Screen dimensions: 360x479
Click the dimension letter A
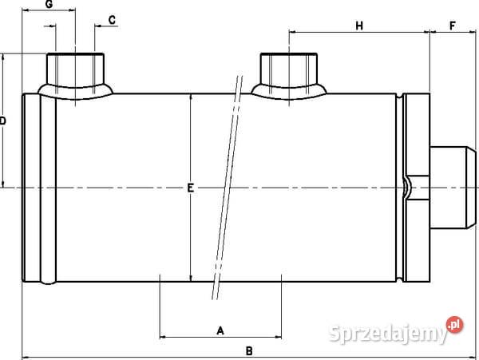coord(221,329)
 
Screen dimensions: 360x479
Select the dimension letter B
coord(248,350)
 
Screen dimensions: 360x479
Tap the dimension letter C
coord(112,18)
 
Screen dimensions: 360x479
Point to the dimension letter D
coord(3,121)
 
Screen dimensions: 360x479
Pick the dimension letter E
coord(190,188)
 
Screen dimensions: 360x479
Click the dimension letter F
coord(453,26)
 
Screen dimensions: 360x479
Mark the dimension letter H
coord(359,26)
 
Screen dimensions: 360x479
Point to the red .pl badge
coord(454,325)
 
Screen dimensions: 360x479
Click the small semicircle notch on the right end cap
coord(408,188)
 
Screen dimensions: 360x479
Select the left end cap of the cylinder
coord(38,188)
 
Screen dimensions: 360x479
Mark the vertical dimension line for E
coord(190,239)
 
